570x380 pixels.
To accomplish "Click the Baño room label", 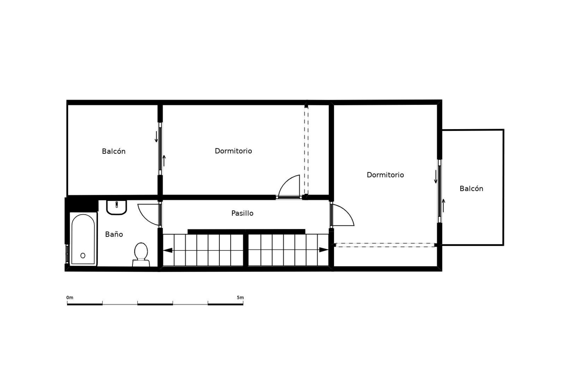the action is (114, 234).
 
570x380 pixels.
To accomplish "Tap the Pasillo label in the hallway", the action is (242, 213).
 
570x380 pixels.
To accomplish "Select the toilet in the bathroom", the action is (141, 255).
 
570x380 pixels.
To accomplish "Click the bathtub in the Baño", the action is (83, 239).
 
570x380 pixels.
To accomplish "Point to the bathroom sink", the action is (117, 207).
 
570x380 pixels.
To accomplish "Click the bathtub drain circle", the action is (83, 255).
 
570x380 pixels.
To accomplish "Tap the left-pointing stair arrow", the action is (168, 250).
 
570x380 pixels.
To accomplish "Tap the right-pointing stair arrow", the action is (324, 250).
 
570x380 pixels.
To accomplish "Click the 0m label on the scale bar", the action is (70, 297).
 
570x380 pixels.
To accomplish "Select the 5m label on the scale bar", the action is (240, 297).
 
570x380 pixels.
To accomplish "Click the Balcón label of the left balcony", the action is (114, 151).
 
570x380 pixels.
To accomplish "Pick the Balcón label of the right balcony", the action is (471, 189).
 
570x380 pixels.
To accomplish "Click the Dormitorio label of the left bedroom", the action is (233, 151).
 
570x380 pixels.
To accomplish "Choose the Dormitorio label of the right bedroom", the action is (385, 175).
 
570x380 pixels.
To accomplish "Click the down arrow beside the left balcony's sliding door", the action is (156, 136).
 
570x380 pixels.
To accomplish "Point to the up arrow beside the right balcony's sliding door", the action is (444, 205).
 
